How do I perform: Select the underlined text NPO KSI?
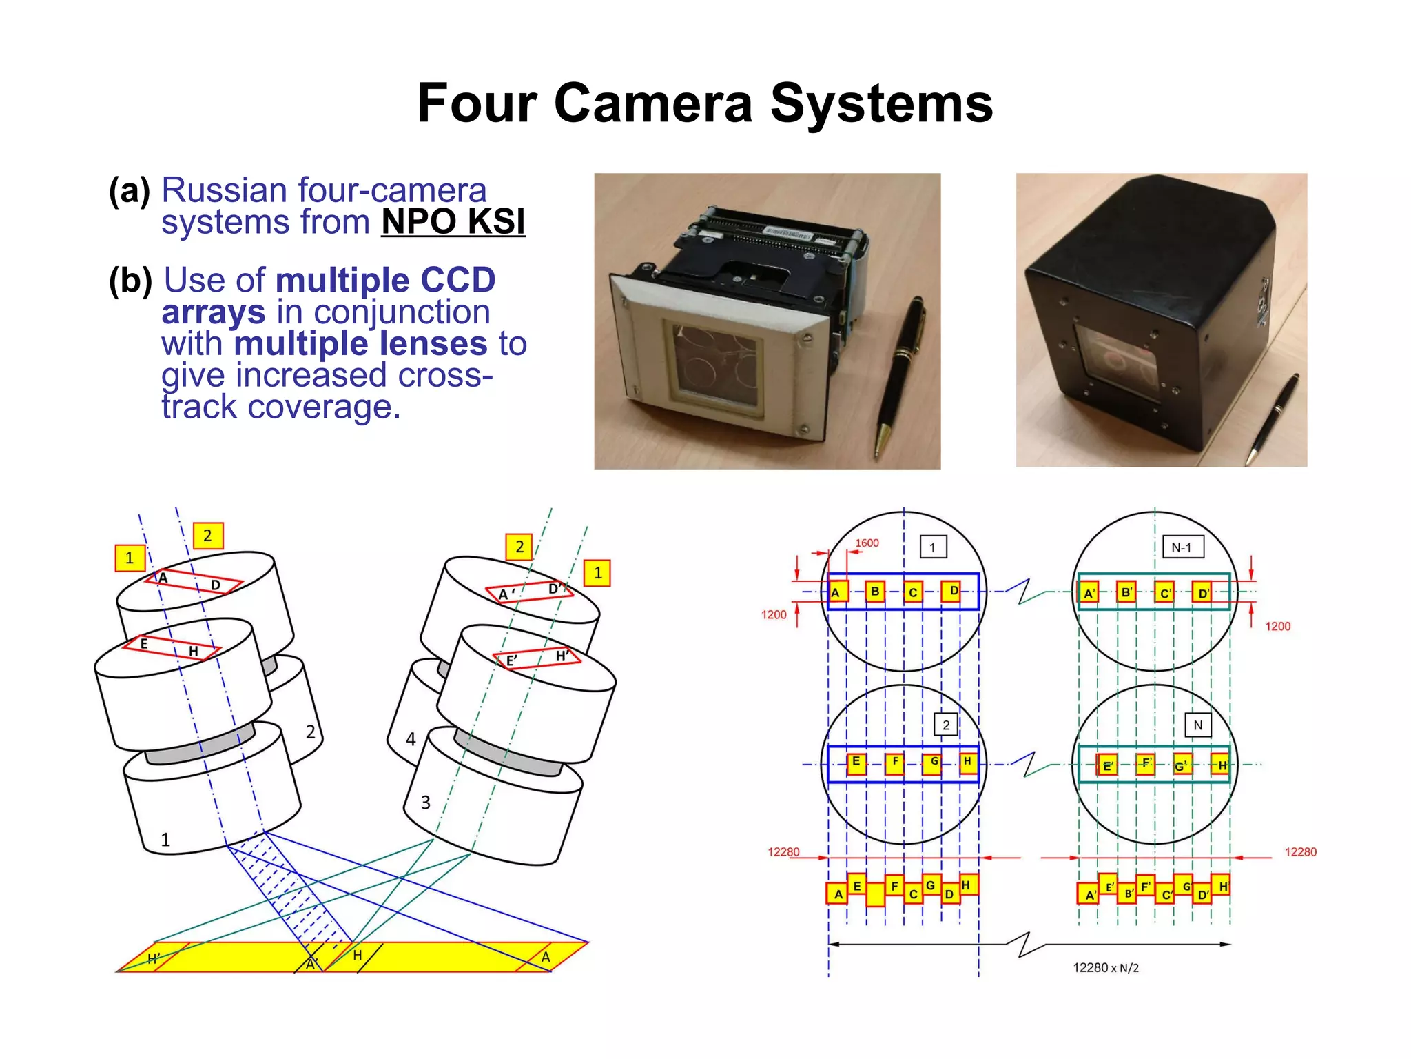pyautogui.click(x=453, y=222)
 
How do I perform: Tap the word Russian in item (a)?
pyautogui.click(x=223, y=190)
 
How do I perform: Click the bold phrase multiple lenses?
pyautogui.click(x=361, y=343)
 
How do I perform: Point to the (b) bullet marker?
pyautogui.click(x=130, y=281)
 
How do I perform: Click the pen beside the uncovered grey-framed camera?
pyautogui.click(x=900, y=373)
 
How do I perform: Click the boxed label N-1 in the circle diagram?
pyautogui.click(x=1182, y=547)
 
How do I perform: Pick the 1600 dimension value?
pyautogui.click(x=867, y=543)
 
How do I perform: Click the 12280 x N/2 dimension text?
pyautogui.click(x=1106, y=968)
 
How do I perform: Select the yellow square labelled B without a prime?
pyautogui.click(x=875, y=592)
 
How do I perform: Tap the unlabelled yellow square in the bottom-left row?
pyautogui.click(x=876, y=894)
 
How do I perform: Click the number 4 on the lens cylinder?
pyautogui.click(x=411, y=740)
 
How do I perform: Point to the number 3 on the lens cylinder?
pyautogui.click(x=426, y=803)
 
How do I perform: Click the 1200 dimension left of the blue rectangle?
pyautogui.click(x=774, y=615)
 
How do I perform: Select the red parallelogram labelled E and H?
pyautogui.click(x=172, y=647)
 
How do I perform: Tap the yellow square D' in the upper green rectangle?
pyautogui.click(x=1203, y=593)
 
